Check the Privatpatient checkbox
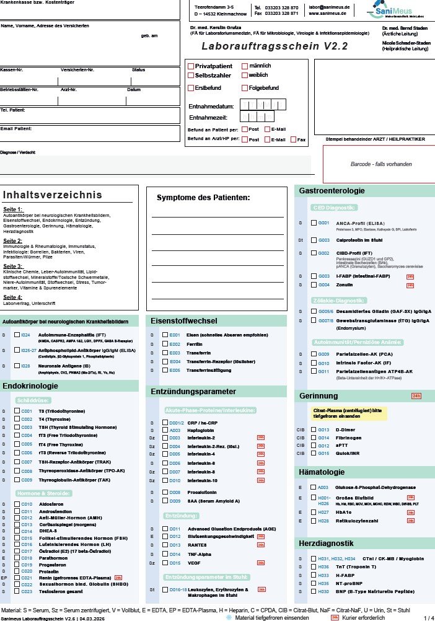click(191, 66)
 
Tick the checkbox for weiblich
click(245, 76)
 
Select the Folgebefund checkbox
click(245, 88)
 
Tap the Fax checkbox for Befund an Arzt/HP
click(293, 139)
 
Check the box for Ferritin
click(165, 344)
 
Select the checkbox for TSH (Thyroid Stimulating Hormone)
click(17, 427)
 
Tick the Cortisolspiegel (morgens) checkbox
click(17, 524)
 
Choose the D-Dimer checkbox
click(314, 429)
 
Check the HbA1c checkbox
click(313, 513)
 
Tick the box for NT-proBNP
click(314, 583)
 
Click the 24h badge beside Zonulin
click(410, 285)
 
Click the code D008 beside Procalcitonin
click(174, 492)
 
